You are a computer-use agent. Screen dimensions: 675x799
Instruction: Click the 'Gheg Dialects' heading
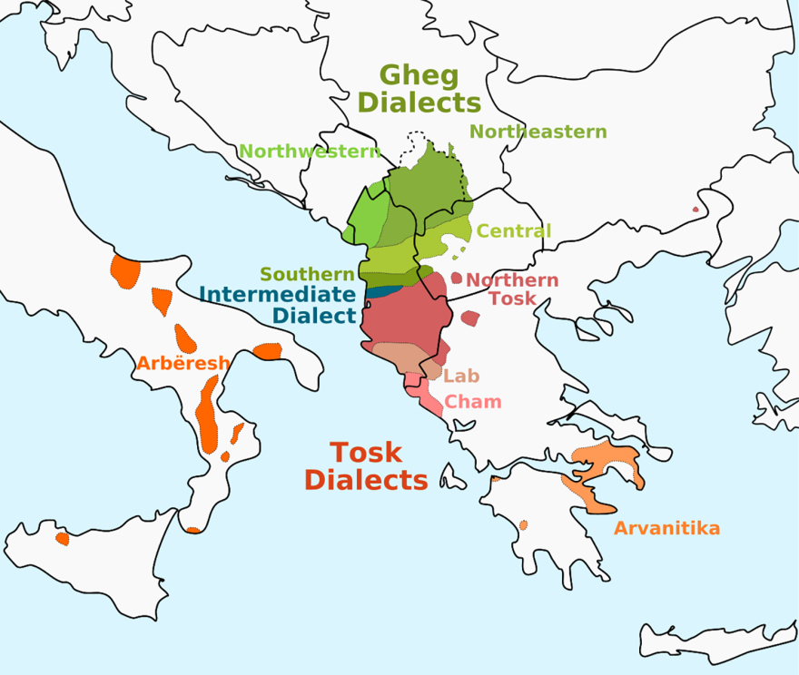pyautogui.click(x=419, y=88)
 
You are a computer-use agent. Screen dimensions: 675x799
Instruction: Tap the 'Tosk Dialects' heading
pyautogui.click(x=366, y=465)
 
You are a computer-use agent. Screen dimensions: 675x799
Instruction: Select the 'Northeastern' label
pyautogui.click(x=538, y=132)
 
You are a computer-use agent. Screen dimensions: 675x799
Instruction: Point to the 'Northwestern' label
pyautogui.click(x=309, y=152)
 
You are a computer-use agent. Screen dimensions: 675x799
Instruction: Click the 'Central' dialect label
pyautogui.click(x=514, y=231)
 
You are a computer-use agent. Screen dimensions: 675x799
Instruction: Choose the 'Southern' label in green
pyautogui.click(x=307, y=274)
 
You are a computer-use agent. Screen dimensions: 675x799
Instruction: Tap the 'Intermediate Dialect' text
pyautogui.click(x=277, y=305)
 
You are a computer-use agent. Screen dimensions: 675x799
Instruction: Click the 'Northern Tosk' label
pyautogui.click(x=512, y=289)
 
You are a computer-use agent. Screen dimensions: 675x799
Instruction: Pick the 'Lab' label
pyautogui.click(x=461, y=376)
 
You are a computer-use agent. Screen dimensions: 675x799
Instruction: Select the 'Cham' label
pyautogui.click(x=473, y=402)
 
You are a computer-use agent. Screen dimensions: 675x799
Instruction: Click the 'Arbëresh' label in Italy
pyautogui.click(x=182, y=364)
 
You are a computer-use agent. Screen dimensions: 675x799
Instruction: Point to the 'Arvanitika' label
pyautogui.click(x=666, y=528)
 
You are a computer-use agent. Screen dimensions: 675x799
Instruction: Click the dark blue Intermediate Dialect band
pyautogui.click(x=383, y=292)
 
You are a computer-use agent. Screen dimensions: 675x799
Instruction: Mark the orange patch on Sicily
pyautogui.click(x=62, y=539)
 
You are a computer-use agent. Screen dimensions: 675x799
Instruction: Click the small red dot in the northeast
pyautogui.click(x=696, y=210)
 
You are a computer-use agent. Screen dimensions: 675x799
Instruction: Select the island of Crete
pyautogui.click(x=717, y=634)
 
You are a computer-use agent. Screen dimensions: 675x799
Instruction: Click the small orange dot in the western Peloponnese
pyautogui.click(x=524, y=524)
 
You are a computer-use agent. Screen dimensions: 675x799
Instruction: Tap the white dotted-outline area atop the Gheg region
pyautogui.click(x=419, y=145)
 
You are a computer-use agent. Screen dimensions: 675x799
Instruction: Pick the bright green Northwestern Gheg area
pyautogui.click(x=368, y=218)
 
